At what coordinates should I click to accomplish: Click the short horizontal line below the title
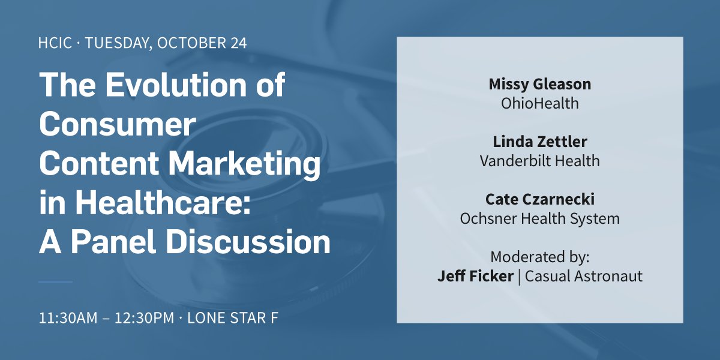(55, 281)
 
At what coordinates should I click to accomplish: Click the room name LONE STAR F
(233, 318)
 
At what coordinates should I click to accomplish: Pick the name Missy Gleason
(539, 85)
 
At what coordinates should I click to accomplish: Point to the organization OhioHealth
(539, 103)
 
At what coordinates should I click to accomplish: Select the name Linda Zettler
(539, 142)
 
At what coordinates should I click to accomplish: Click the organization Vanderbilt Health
(539, 161)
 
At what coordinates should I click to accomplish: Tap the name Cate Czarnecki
(539, 200)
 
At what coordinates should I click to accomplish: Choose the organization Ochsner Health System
(539, 218)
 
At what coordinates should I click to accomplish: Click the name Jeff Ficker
(475, 276)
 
